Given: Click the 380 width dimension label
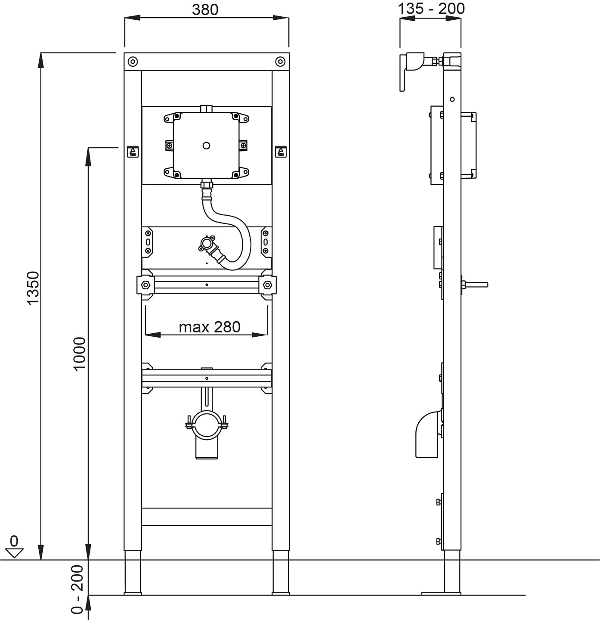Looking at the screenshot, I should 205,9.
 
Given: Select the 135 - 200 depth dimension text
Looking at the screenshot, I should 431,9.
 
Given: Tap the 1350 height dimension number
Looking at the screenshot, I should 33,288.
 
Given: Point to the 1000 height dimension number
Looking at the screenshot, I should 80,353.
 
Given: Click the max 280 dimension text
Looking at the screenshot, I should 210,327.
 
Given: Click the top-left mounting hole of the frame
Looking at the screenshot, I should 133,62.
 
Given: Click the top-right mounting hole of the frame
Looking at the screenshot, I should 280,62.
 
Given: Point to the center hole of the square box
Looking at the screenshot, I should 207,146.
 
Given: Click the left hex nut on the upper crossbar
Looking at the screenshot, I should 145,285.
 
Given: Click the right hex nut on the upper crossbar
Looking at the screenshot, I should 267,285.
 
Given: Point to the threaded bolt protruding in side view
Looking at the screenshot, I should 476,284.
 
